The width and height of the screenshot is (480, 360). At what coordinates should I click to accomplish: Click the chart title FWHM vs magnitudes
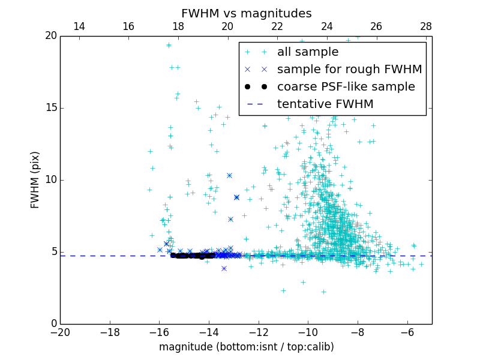tap(246, 13)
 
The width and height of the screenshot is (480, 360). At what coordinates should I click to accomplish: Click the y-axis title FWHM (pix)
tap(35, 179)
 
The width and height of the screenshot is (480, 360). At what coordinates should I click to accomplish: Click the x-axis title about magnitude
tap(246, 347)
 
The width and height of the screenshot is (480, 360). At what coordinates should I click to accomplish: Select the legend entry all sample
tap(307, 52)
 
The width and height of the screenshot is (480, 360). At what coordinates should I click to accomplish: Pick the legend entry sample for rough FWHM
tap(349, 70)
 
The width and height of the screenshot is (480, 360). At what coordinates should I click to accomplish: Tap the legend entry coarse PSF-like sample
tap(346, 87)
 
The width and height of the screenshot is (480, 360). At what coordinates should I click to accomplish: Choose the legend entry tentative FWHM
tap(325, 104)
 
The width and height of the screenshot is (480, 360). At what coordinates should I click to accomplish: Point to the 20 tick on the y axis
tap(50, 36)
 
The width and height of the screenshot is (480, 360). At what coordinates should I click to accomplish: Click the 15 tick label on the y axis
tap(50, 108)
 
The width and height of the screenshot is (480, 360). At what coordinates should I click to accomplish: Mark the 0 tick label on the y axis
tap(53, 324)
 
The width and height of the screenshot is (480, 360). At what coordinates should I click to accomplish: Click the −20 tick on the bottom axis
tap(60, 332)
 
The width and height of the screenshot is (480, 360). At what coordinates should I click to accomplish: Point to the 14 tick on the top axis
tap(79, 26)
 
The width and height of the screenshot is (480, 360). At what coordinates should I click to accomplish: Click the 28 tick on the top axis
tap(426, 26)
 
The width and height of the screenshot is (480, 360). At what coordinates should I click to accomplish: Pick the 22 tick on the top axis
tap(277, 26)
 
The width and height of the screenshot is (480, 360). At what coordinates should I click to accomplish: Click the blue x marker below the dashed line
tap(224, 268)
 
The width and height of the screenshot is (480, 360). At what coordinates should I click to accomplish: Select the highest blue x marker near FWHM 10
tap(229, 175)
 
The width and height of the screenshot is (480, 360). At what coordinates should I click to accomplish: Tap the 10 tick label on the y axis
tap(50, 180)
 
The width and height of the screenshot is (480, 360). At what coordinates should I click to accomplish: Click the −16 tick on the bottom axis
tap(159, 332)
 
